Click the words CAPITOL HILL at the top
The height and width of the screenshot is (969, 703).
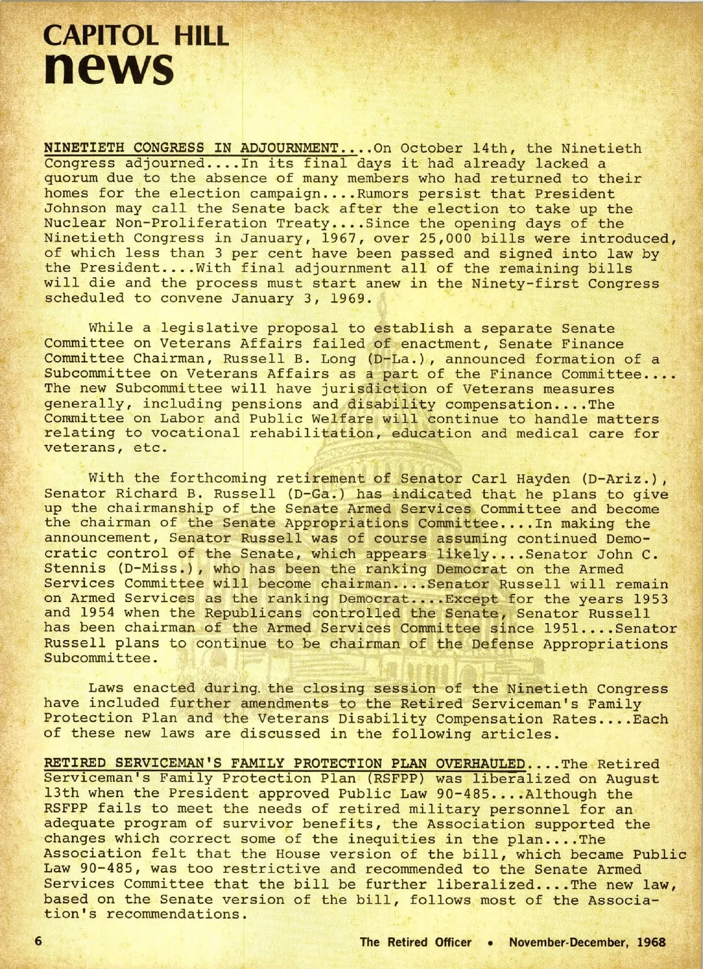[135, 36]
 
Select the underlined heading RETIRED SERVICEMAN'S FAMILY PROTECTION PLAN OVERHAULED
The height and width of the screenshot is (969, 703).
[285, 763]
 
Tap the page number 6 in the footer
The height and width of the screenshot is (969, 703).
[39, 941]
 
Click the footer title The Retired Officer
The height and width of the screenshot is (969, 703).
[415, 942]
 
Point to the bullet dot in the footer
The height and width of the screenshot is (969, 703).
[490, 943]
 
